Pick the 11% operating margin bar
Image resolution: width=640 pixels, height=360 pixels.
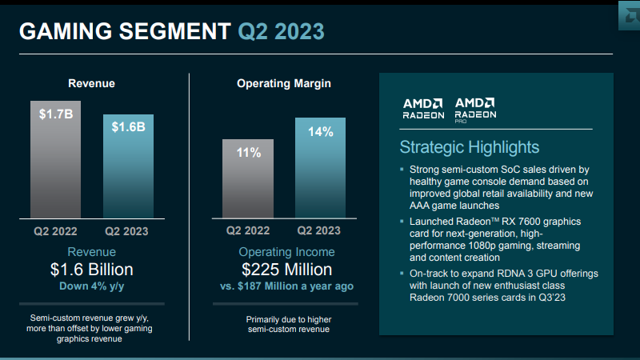(248, 180)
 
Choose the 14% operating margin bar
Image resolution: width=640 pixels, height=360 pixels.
(320, 168)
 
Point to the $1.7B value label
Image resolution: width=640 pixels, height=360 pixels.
(55, 114)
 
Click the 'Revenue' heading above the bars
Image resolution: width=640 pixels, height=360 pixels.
(91, 83)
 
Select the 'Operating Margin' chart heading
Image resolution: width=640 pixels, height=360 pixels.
(283, 83)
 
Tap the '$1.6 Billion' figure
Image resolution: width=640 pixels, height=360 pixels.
(91, 269)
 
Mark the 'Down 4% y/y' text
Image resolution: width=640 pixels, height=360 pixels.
(91, 286)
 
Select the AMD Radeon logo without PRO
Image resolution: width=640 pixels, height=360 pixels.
(423, 108)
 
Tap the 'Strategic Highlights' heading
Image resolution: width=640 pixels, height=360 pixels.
(469, 147)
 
